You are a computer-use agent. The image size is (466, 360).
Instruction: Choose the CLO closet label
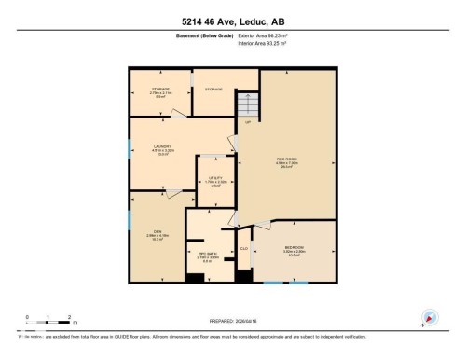pos(244,248)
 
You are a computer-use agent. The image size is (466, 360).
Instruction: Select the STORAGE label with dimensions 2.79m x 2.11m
pos(160,90)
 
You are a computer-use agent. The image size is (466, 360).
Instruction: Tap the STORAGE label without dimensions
pos(213,90)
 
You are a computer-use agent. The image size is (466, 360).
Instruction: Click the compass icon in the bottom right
pos(430,316)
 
